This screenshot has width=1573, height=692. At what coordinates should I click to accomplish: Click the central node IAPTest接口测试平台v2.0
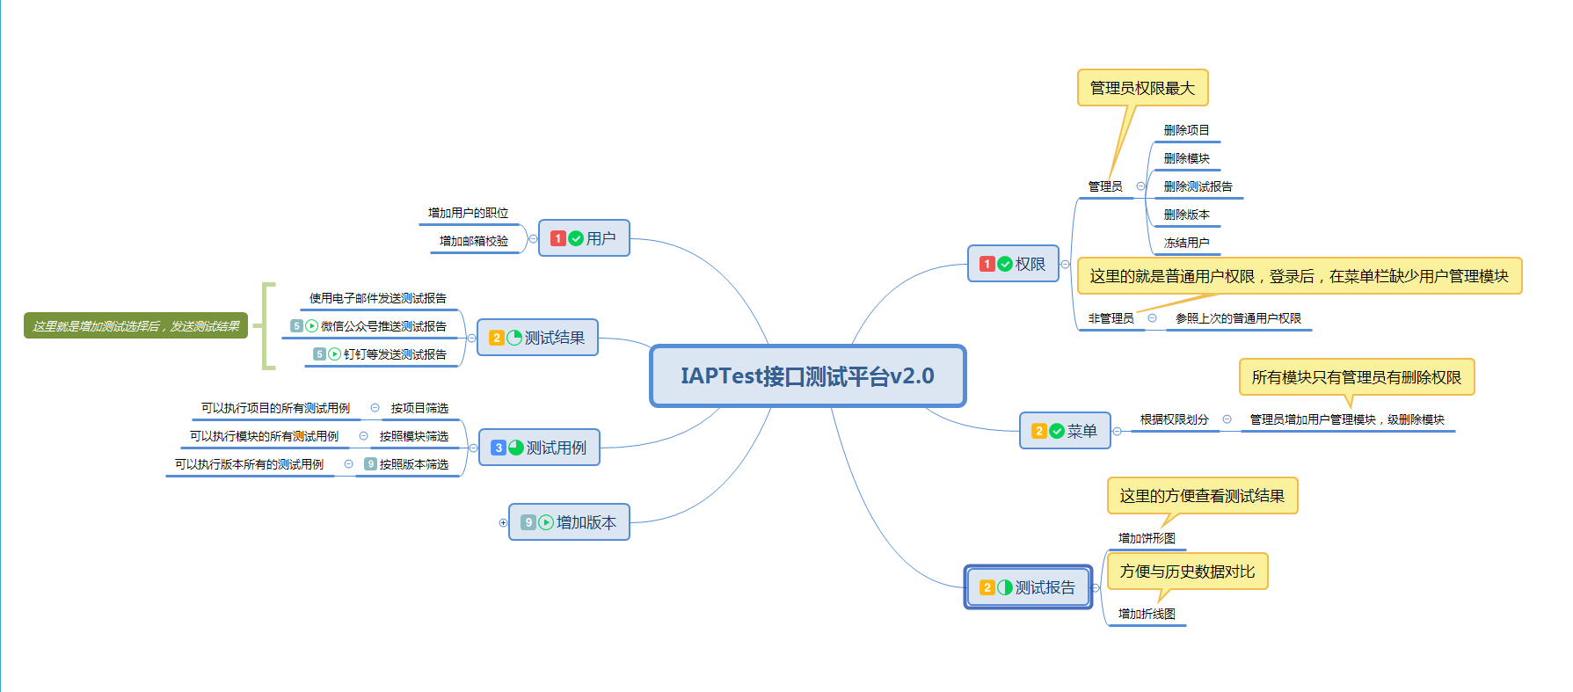(807, 376)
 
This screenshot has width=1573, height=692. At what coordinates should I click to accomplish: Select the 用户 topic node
(584, 238)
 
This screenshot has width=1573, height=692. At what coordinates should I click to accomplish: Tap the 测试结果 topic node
(537, 338)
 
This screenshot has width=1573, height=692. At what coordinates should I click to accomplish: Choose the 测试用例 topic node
(539, 448)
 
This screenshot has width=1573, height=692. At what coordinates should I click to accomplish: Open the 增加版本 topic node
(569, 522)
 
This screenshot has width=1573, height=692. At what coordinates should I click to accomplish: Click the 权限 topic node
(1013, 264)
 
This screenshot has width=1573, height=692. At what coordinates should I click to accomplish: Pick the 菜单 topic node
(1065, 431)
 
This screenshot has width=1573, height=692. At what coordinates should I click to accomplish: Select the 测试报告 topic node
(1028, 587)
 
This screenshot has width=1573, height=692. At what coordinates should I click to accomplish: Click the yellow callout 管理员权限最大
(1142, 88)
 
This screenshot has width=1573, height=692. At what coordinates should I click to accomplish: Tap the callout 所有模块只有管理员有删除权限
(1357, 377)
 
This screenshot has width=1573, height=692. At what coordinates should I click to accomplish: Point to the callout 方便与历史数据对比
(1187, 572)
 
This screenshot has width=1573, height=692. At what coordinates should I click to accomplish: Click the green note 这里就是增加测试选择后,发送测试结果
(136, 326)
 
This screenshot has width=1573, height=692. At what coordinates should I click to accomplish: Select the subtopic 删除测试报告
(1198, 186)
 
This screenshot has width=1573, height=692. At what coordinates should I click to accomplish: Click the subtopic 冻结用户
(1186, 243)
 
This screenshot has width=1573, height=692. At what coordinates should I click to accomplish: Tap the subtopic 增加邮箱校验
(474, 241)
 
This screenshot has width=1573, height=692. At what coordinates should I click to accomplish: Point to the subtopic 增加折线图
(1147, 614)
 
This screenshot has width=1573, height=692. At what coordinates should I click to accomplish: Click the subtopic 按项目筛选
(419, 408)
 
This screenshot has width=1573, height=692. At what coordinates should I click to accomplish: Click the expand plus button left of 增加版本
(503, 522)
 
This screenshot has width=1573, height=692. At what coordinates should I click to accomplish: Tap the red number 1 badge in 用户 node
(557, 238)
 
